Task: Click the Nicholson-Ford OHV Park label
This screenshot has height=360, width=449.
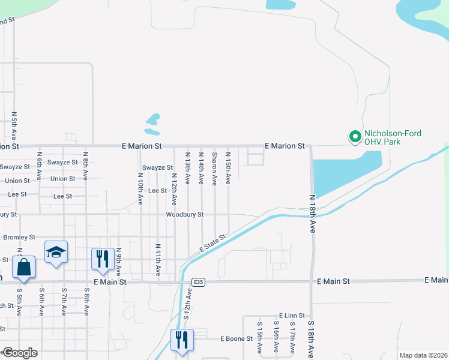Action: [393, 137]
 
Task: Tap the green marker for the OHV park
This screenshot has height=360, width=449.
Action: [355, 137]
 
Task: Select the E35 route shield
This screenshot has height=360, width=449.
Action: [198, 281]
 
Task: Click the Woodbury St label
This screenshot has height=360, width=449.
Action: [185, 214]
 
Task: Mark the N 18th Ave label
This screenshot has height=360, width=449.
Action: [313, 213]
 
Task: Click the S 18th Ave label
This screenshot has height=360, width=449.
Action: [311, 340]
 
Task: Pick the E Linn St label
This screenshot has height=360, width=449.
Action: [292, 316]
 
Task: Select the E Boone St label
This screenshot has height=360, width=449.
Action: [237, 339]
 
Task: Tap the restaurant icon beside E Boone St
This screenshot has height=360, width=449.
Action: [181, 340]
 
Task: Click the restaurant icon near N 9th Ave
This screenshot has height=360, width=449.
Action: [101, 259]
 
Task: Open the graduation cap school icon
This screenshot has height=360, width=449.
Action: [55, 252]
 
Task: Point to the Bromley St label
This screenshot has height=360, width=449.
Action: [19, 238]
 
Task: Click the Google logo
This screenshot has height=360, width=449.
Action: [19, 353]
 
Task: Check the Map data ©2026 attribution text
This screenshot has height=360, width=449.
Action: [423, 355]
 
